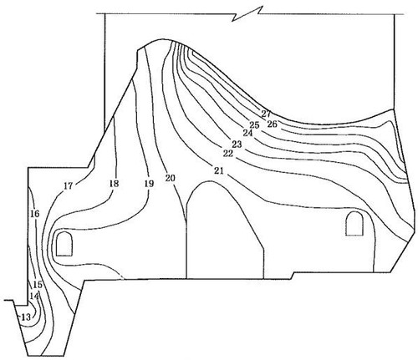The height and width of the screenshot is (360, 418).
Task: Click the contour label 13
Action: (x=26, y=317)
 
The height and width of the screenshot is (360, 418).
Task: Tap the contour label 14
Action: (x=34, y=297)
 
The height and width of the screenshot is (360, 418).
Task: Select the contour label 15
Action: (x=38, y=285)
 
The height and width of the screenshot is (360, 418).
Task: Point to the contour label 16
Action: (x=35, y=214)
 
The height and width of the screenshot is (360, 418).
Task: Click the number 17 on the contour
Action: (x=69, y=185)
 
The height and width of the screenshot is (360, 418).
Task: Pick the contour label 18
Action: (x=114, y=184)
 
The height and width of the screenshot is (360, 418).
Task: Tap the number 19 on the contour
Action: (x=149, y=184)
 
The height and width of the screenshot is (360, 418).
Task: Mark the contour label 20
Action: (x=170, y=178)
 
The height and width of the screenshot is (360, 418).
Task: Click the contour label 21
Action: (x=219, y=170)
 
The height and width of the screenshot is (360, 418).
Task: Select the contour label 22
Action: (x=228, y=154)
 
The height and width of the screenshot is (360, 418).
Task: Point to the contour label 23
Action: (x=237, y=145)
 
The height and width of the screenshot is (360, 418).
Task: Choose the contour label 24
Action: (x=247, y=133)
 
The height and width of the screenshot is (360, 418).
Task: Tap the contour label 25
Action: (x=254, y=124)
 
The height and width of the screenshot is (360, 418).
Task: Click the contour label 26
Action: (x=273, y=124)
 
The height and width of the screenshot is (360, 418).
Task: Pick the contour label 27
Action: (x=266, y=114)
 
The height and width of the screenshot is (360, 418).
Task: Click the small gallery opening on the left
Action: (x=64, y=244)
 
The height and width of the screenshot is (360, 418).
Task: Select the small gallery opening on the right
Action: (x=354, y=224)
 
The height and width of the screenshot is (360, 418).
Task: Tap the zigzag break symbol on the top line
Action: (x=247, y=13)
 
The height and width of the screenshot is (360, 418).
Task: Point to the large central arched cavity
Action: (x=225, y=230)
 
